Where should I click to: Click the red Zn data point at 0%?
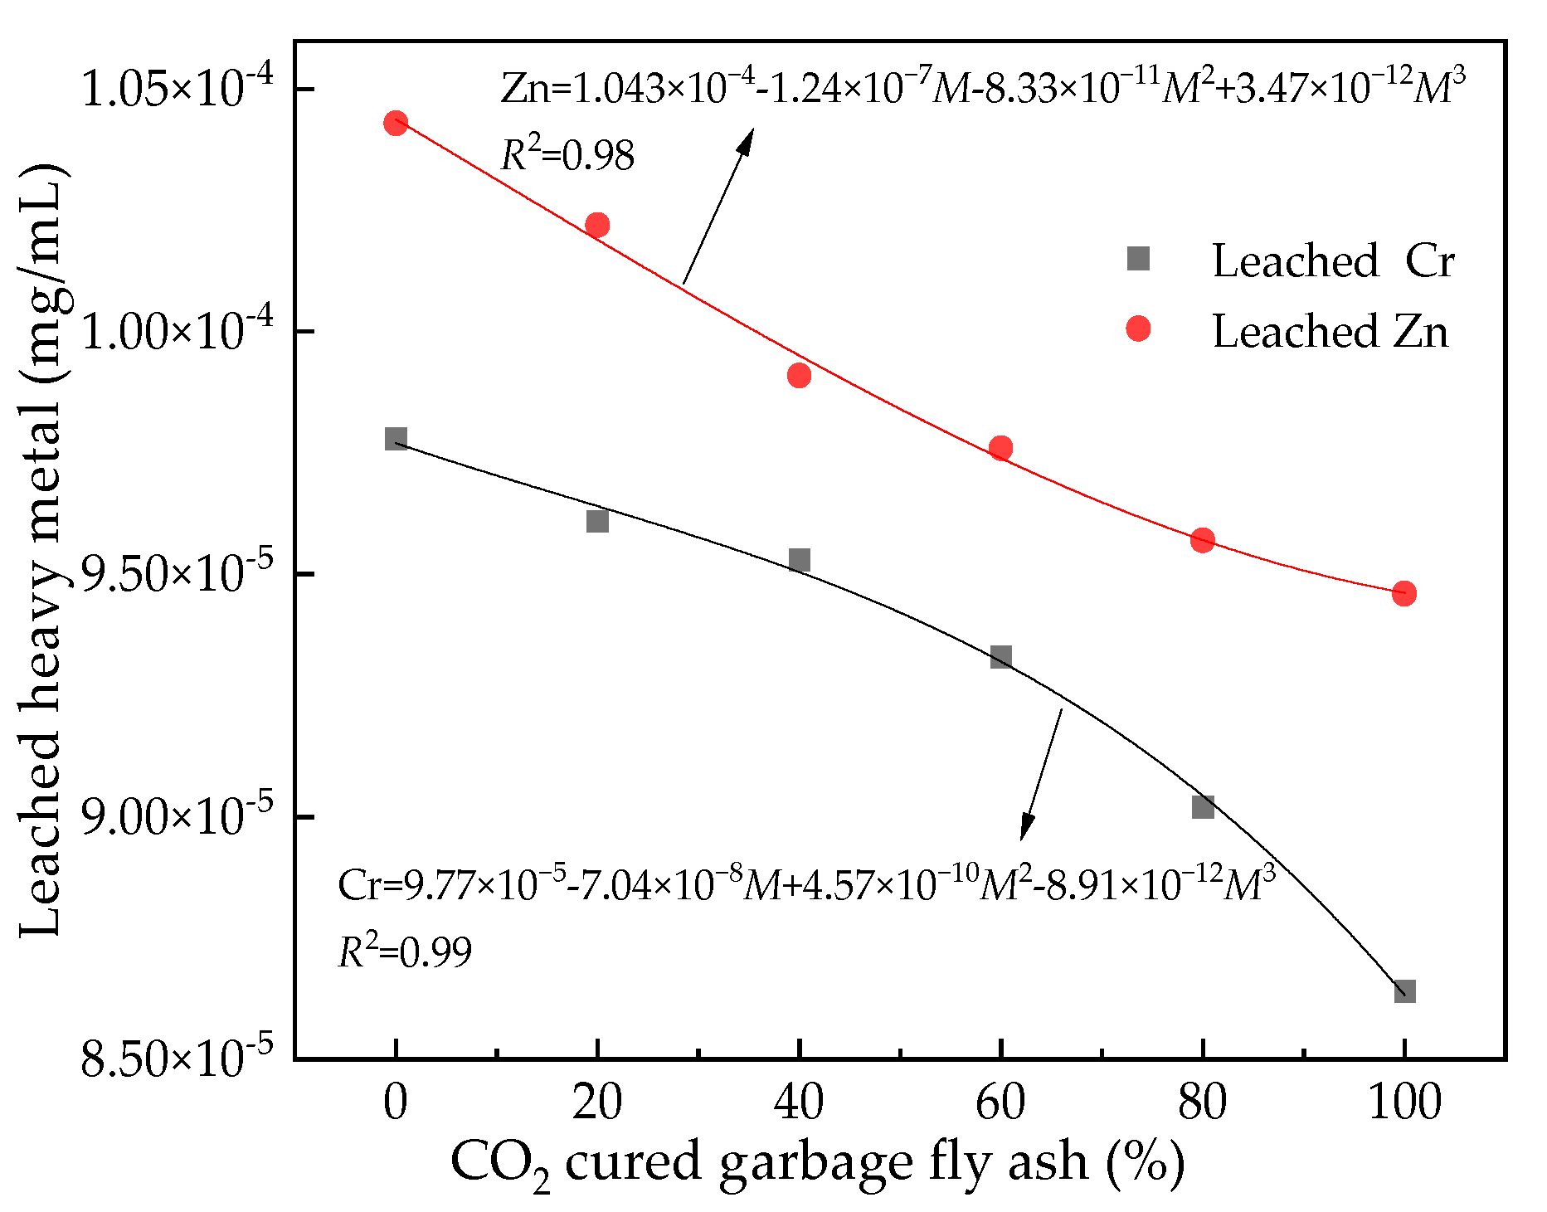tap(396, 123)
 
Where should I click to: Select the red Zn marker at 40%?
tap(799, 376)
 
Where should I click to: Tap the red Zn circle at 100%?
tap(1403, 593)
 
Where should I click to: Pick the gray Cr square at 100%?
tap(1403, 991)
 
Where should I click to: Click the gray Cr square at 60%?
tap(1000, 658)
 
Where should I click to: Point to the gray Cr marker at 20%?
tap(597, 521)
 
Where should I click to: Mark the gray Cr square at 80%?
tap(1202, 806)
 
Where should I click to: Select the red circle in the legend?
tap(1138, 329)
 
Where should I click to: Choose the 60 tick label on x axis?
tap(1000, 1103)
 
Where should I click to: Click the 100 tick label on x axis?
tap(1403, 1103)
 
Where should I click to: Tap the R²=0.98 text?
tap(567, 154)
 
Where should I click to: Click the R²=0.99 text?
tap(405, 951)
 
